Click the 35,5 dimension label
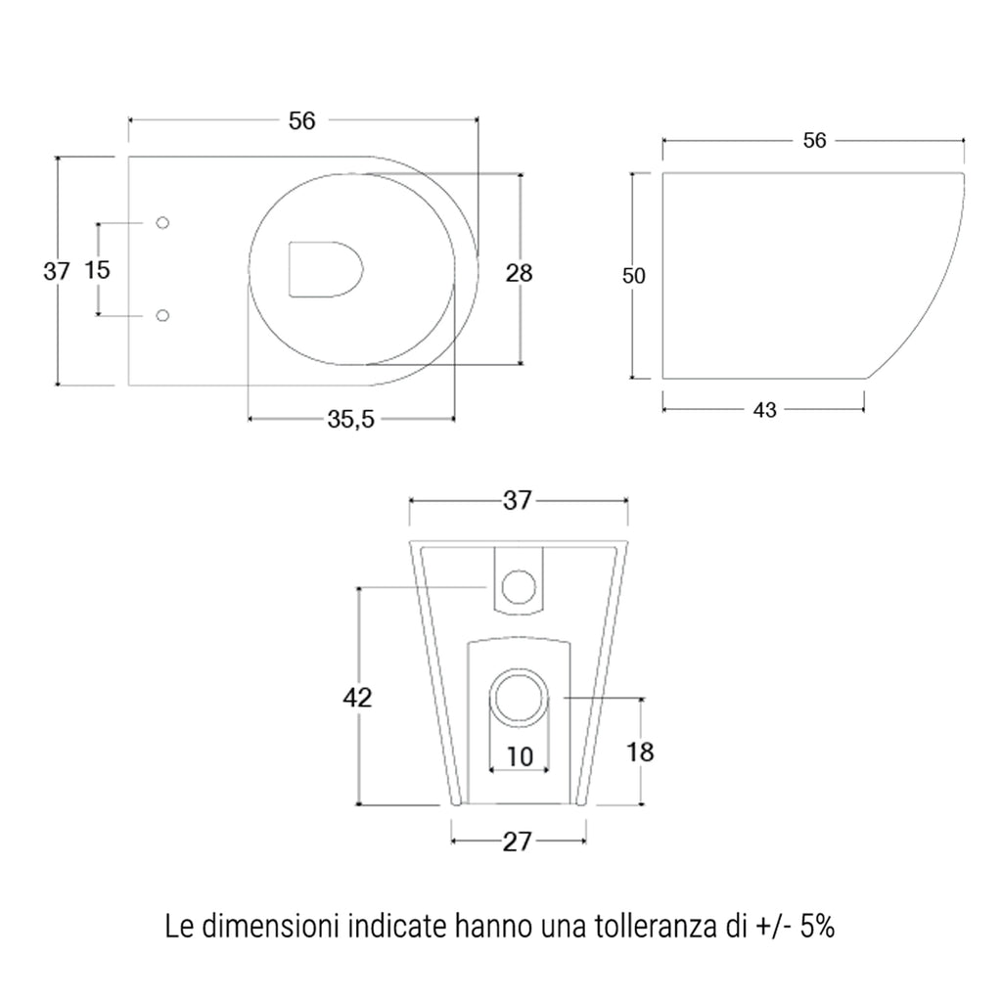[x=350, y=420]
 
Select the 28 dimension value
[x=519, y=273]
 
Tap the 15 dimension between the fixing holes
[x=98, y=270]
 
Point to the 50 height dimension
[x=634, y=277]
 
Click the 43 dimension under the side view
[x=765, y=411]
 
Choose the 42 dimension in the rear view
[x=358, y=698]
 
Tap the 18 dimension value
[x=640, y=751]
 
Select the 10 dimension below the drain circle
[x=520, y=756]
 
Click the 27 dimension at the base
[x=517, y=842]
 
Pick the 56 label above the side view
[x=814, y=141]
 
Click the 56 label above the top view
[x=302, y=120]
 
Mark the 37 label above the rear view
[x=517, y=500]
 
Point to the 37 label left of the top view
[x=58, y=271]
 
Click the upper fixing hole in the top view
[x=163, y=223]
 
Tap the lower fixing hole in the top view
[x=163, y=315]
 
